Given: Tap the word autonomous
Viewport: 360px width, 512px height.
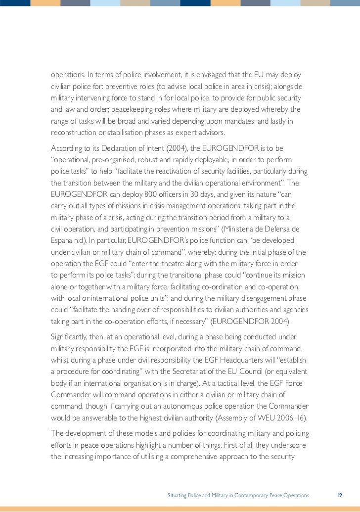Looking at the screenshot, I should click(x=178, y=407).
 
